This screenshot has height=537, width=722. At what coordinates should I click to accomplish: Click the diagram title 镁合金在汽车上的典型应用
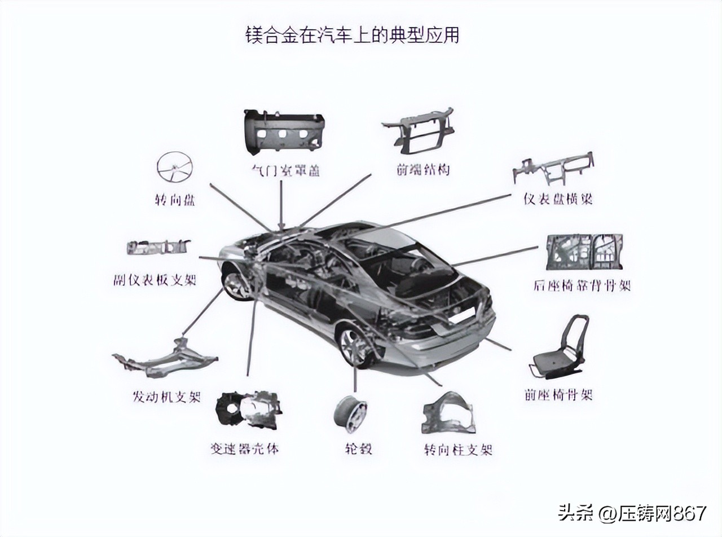pyautogui.click(x=352, y=35)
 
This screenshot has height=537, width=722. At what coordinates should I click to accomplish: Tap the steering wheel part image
pyautogui.click(x=174, y=168)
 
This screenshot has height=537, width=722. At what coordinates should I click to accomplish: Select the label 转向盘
pyautogui.click(x=174, y=200)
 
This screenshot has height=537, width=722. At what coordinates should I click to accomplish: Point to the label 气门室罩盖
pyautogui.click(x=285, y=170)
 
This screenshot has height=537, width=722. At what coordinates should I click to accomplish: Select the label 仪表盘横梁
pyautogui.click(x=558, y=199)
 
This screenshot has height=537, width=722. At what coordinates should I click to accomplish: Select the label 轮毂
pyautogui.click(x=358, y=450)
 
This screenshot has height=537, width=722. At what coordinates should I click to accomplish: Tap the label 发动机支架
pyautogui.click(x=166, y=397)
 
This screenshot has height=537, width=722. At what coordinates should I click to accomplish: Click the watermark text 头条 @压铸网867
pyautogui.click(x=632, y=513)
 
